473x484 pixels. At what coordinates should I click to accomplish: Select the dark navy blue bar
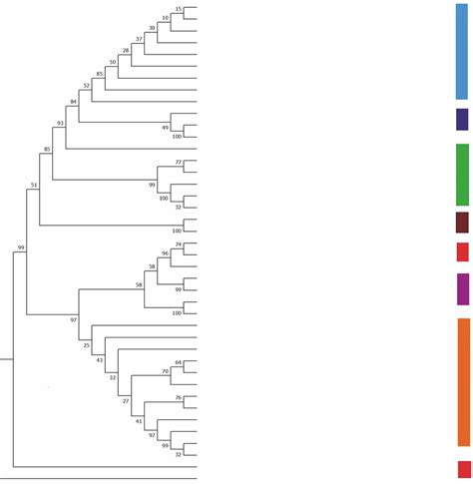coord(462,120)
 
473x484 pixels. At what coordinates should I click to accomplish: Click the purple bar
coord(462,288)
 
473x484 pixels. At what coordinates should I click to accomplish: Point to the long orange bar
coord(463,382)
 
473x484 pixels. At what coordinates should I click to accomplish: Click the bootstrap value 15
coord(178,9)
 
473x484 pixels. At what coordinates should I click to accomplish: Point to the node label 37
coord(140,39)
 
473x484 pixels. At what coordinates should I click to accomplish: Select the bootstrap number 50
coord(113,62)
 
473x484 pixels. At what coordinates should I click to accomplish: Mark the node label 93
coord(61,124)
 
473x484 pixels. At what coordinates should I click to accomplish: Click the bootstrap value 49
coord(165,128)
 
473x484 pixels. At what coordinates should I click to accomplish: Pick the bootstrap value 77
coord(178,162)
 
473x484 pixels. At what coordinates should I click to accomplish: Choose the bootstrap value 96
coord(165,253)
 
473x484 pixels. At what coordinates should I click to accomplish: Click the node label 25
coord(86,345)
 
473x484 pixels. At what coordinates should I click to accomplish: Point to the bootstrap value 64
coord(178,363)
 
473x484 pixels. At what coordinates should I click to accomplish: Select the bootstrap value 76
coord(178,398)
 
